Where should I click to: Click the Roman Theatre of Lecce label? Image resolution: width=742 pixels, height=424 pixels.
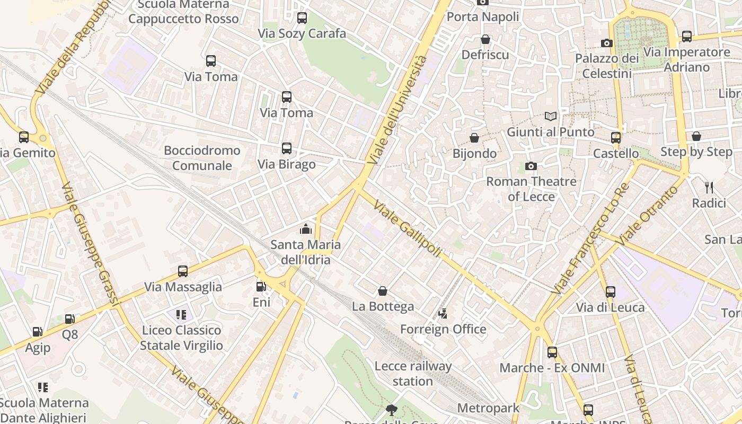pyautogui.click(x=532, y=189)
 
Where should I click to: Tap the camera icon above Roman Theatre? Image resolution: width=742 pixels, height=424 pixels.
pyautogui.click(x=531, y=166)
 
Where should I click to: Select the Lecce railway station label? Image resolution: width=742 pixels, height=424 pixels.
pyautogui.click(x=413, y=374)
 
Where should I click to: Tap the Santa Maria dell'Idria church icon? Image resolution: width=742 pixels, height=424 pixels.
pyautogui.click(x=306, y=229)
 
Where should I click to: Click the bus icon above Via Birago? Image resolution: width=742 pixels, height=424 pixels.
pyautogui.click(x=287, y=148)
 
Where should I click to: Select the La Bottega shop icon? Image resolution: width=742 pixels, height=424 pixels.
pyautogui.click(x=383, y=291)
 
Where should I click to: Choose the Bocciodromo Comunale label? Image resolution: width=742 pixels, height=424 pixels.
pyautogui.click(x=202, y=158)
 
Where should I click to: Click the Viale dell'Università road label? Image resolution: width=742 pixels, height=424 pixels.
pyautogui.click(x=397, y=110)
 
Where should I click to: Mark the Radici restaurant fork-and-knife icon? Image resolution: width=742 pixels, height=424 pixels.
pyautogui.click(x=709, y=187)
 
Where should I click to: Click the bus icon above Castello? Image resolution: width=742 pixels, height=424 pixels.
pyautogui.click(x=616, y=138)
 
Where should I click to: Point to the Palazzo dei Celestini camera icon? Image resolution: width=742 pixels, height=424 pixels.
pyautogui.click(x=607, y=43)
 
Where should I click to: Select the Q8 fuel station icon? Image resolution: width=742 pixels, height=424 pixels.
pyautogui.click(x=70, y=319)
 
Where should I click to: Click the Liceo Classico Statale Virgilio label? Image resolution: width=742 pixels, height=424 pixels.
pyautogui.click(x=182, y=338)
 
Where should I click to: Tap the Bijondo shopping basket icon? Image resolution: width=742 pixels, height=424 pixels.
pyautogui.click(x=475, y=138)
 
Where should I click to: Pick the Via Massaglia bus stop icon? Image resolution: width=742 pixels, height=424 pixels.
pyautogui.click(x=183, y=271)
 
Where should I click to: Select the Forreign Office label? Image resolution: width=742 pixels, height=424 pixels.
pyautogui.click(x=443, y=329)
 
